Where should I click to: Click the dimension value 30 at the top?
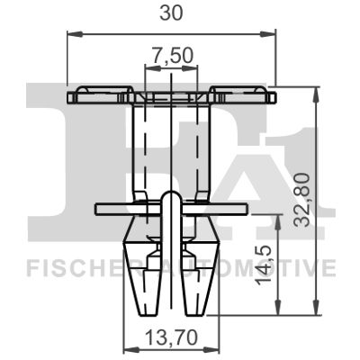coord(171,13)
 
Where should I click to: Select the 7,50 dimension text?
coord(171,56)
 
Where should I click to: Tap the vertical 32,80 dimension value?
coord(301,201)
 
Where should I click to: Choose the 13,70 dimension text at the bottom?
coord(172,337)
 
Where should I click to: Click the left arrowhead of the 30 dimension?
coord(75,33)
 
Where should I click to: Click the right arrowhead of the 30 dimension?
coord(267,33)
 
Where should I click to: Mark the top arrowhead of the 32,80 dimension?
coord(316,94)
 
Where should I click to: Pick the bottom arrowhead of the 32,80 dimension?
coord(316,307)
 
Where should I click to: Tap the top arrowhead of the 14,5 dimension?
coord(279,222)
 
